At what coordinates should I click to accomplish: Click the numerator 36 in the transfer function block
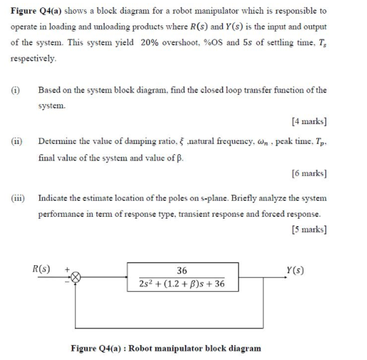point(181,271)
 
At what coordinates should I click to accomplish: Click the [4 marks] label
point(308,120)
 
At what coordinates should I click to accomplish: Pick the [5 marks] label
point(308,229)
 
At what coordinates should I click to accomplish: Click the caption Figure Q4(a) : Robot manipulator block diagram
point(166,348)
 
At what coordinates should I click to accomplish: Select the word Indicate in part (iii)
point(53,200)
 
